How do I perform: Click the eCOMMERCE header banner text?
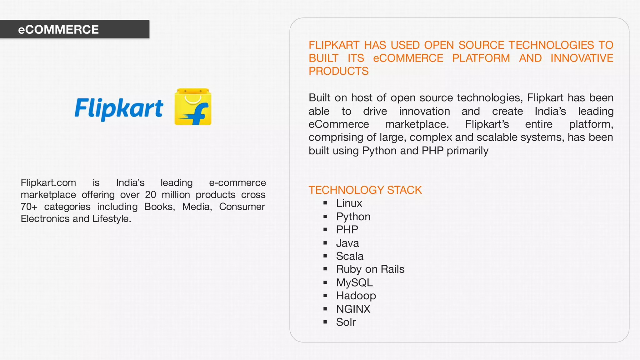tap(58, 30)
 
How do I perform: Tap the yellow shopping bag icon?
tap(193, 107)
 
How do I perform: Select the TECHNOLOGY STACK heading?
tap(365, 190)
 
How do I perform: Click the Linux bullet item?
tap(349, 203)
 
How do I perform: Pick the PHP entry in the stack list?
tap(347, 230)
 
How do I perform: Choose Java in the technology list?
tap(347, 243)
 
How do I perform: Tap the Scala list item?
tap(349, 256)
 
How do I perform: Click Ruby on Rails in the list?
tap(370, 269)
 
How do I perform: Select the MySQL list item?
tap(354, 282)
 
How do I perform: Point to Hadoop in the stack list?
tap(356, 296)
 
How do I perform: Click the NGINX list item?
tap(353, 309)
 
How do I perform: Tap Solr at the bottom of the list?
tap(346, 322)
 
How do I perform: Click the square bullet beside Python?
tap(325, 217)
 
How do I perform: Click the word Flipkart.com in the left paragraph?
tap(48, 183)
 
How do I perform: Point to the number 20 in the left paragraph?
tap(150, 195)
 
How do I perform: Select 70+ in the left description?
tap(29, 207)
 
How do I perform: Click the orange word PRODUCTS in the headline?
tap(338, 71)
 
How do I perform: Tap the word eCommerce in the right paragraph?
tap(338, 124)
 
